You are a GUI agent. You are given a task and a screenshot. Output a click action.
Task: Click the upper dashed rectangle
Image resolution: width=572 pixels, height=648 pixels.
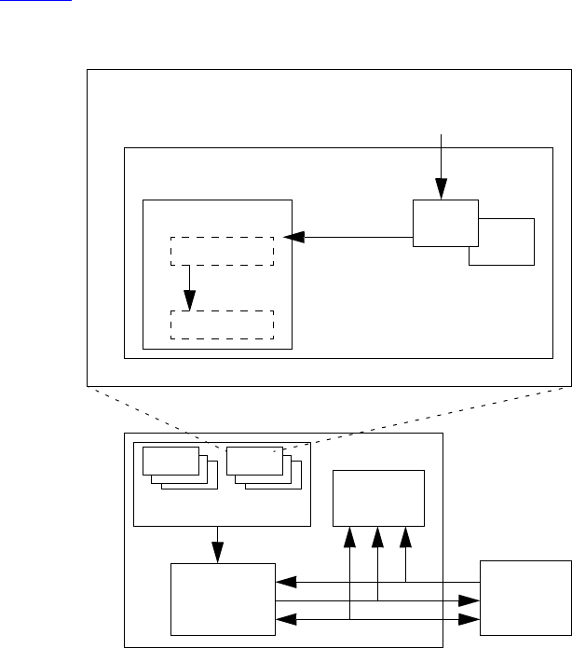point(222,251)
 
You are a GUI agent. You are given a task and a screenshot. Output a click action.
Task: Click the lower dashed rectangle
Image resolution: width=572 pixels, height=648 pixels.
point(222,324)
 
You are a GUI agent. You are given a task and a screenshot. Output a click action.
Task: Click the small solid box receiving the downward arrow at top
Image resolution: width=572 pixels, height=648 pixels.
point(444,223)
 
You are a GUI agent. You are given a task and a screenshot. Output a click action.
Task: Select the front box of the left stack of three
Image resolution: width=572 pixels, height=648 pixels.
point(171,461)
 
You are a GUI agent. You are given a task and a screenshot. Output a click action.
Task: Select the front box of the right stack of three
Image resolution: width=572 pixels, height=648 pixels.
point(254,461)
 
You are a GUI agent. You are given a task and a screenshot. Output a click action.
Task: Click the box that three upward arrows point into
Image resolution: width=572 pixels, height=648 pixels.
point(378,498)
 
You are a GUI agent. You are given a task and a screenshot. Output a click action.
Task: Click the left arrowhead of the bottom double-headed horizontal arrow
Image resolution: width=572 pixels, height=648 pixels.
point(286,617)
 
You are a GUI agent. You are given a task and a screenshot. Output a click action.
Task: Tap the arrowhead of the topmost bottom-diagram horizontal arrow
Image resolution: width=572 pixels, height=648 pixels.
point(286,583)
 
